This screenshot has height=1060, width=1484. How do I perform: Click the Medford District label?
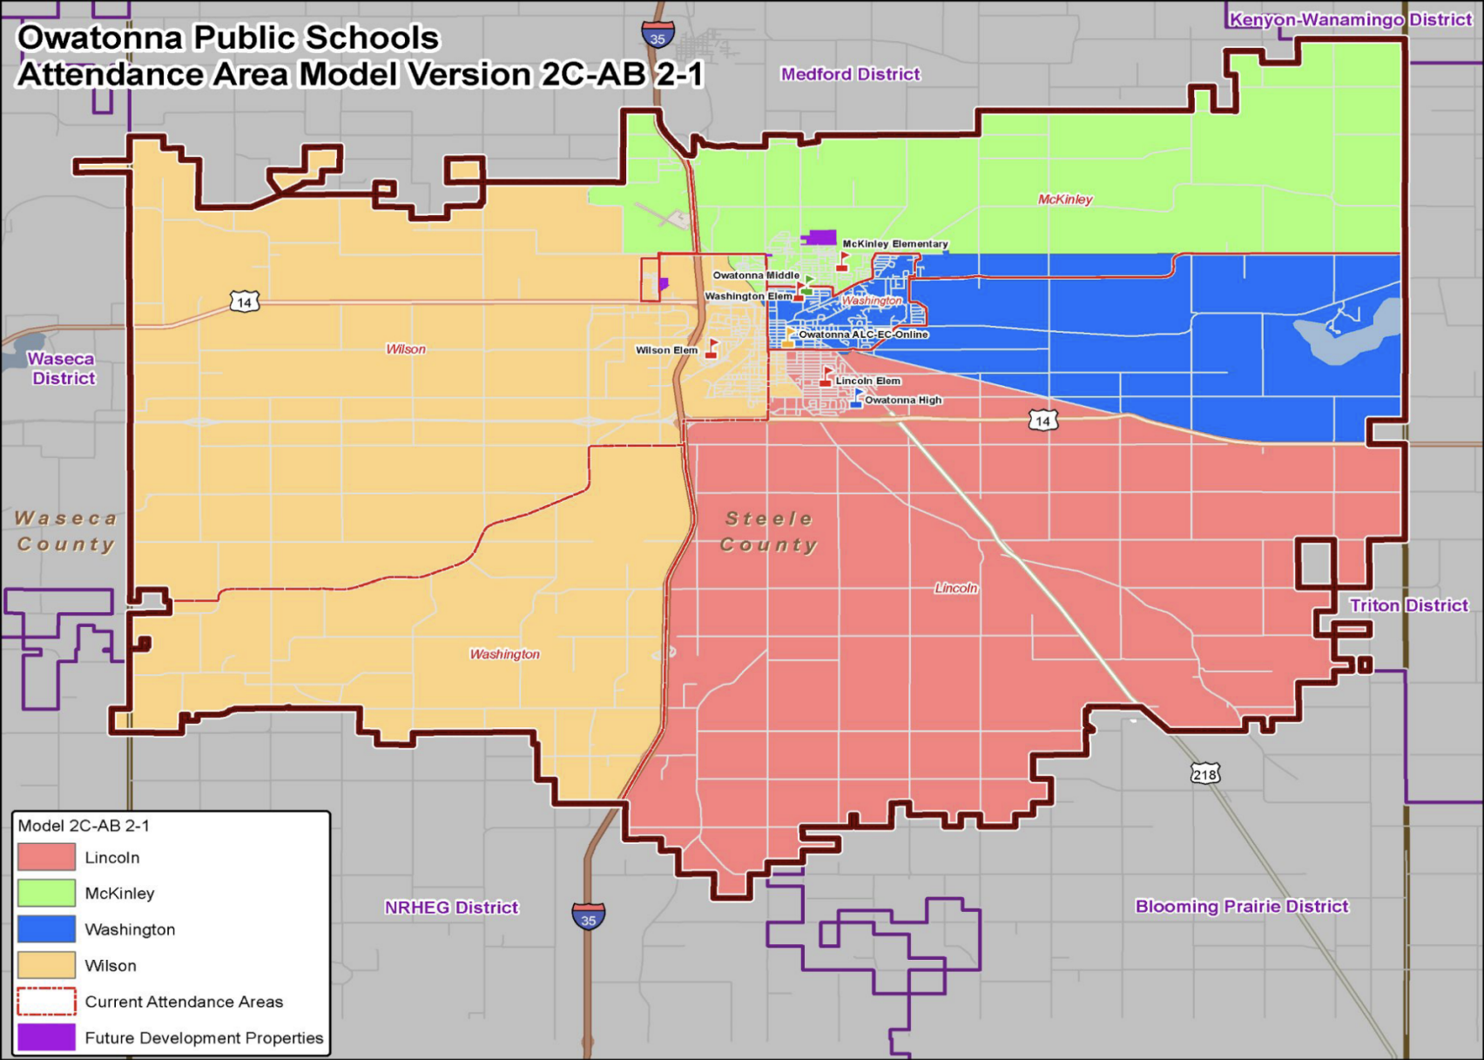(x=850, y=74)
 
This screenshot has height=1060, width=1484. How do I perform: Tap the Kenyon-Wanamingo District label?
(x=1350, y=19)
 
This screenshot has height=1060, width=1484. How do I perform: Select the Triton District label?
(x=1408, y=605)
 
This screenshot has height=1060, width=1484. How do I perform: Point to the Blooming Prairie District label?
(x=1241, y=906)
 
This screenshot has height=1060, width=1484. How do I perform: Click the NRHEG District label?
(x=451, y=908)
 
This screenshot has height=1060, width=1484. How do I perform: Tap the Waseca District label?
(x=62, y=368)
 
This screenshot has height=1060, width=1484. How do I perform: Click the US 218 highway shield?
(x=1204, y=774)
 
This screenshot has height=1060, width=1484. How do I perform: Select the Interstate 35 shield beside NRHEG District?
(x=588, y=917)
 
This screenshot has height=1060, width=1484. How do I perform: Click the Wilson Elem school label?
(x=666, y=350)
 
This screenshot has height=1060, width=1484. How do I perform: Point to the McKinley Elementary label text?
(x=894, y=244)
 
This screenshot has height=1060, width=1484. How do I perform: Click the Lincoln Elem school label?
(x=867, y=381)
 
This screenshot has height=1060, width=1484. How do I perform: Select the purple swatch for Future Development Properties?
(x=46, y=1037)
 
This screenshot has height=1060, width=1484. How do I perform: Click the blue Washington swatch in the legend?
(x=46, y=929)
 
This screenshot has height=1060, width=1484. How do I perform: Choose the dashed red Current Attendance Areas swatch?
(x=46, y=1002)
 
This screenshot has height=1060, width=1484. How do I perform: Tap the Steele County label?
(x=769, y=531)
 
